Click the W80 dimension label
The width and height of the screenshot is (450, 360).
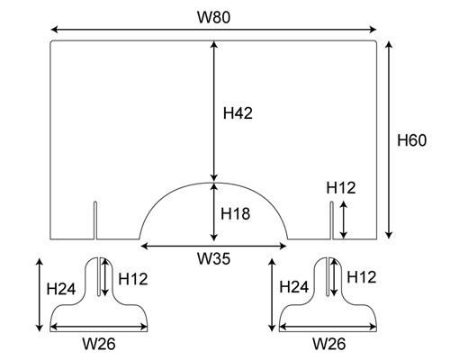(x=214, y=17)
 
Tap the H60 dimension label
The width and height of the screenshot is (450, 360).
(x=411, y=140)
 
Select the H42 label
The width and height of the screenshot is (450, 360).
(x=238, y=113)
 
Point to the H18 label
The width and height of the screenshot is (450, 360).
(x=236, y=214)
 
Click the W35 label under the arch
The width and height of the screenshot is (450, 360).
(x=214, y=258)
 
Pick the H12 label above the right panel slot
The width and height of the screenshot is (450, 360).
(x=341, y=188)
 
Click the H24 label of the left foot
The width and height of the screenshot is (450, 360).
(x=61, y=289)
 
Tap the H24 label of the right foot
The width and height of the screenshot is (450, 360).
(x=294, y=287)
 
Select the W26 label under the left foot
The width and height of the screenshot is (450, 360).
(x=99, y=344)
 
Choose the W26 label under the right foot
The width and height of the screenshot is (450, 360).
(x=329, y=344)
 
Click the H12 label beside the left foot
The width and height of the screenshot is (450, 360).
(x=133, y=279)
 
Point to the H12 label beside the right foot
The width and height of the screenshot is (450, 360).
(x=362, y=277)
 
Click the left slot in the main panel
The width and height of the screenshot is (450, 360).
(x=95, y=220)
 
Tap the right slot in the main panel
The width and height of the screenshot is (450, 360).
(x=332, y=220)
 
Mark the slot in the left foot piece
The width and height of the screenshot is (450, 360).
(x=99, y=276)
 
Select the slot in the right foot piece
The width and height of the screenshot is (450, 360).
(x=328, y=276)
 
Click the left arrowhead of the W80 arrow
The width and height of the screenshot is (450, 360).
(x=54, y=30)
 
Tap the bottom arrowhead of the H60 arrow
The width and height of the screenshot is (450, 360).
(x=389, y=235)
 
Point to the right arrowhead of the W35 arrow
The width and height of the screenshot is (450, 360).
(x=283, y=247)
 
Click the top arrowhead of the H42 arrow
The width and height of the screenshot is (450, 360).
(x=213, y=45)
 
